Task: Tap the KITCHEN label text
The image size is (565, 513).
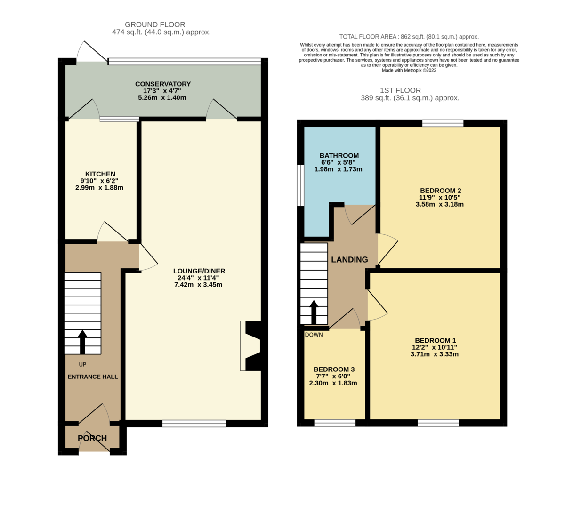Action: pyautogui.click(x=100, y=174)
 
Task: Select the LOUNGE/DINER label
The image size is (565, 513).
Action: pyautogui.click(x=199, y=271)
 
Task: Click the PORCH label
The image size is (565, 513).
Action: pyautogui.click(x=92, y=438)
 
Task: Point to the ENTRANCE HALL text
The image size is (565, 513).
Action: pyautogui.click(x=93, y=377)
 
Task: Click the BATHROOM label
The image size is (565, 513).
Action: pyautogui.click(x=339, y=155)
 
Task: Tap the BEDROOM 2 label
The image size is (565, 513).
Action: pyautogui.click(x=440, y=191)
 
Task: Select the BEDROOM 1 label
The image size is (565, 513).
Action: pyautogui.click(x=435, y=340)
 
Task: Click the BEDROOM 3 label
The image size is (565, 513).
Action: pyautogui.click(x=334, y=369)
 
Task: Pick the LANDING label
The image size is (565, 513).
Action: pyautogui.click(x=349, y=260)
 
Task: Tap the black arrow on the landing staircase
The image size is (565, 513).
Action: pyautogui.click(x=313, y=312)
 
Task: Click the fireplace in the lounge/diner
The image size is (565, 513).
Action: pyautogui.click(x=251, y=346)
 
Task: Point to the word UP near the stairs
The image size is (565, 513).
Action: pyautogui.click(x=82, y=364)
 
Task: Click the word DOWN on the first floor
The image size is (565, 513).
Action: pyautogui.click(x=314, y=335)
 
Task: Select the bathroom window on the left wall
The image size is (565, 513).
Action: pyautogui.click(x=300, y=185)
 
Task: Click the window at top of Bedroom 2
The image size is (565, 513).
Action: pyautogui.click(x=443, y=123)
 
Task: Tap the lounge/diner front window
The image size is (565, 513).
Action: pyautogui.click(x=194, y=424)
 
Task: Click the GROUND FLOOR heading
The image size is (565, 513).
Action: pyautogui.click(x=155, y=24)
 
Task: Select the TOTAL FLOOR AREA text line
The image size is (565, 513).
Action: pyautogui.click(x=409, y=37)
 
